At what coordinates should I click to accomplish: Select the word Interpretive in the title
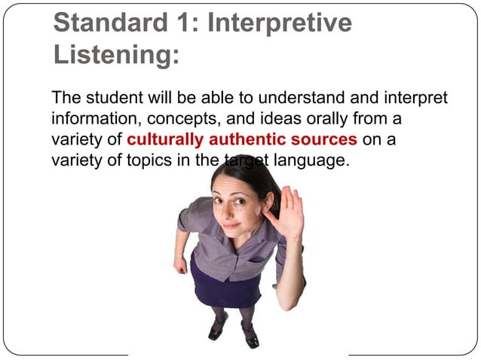pos(280,23)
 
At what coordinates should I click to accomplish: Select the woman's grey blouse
pos(226,249)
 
